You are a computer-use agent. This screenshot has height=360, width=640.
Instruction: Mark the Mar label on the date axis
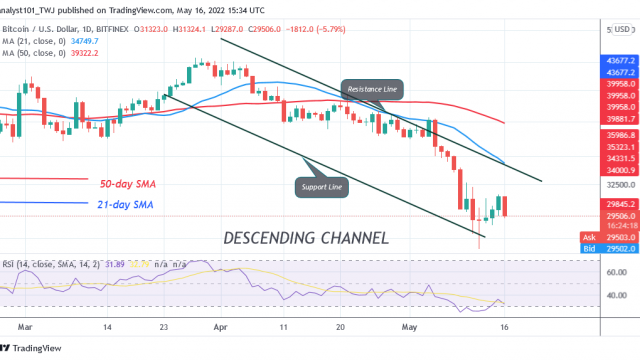click(x=26, y=327)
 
